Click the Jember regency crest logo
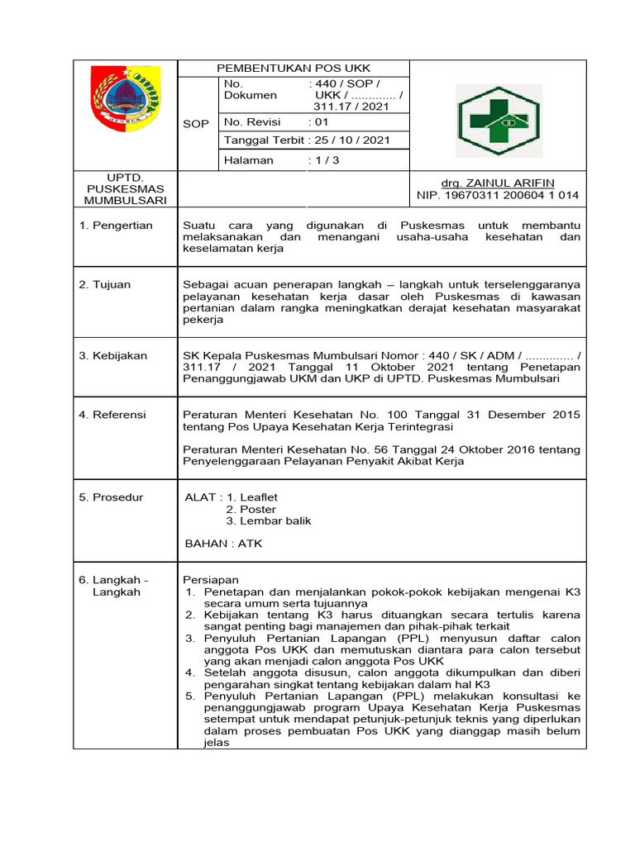coord(125,98)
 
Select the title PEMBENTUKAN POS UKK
coord(294,68)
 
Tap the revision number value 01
coord(321,122)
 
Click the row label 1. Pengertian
coord(116,226)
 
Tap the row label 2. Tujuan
coord(105,284)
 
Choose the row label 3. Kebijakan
coord(113,355)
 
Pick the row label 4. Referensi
coord(112,414)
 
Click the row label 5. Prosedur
coord(112,497)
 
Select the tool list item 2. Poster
coord(251,509)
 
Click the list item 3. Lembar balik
coord(269,520)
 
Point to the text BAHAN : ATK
coord(223,544)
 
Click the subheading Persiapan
coord(210,580)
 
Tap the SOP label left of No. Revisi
coord(196,124)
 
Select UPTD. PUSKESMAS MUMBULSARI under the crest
coord(125,189)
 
